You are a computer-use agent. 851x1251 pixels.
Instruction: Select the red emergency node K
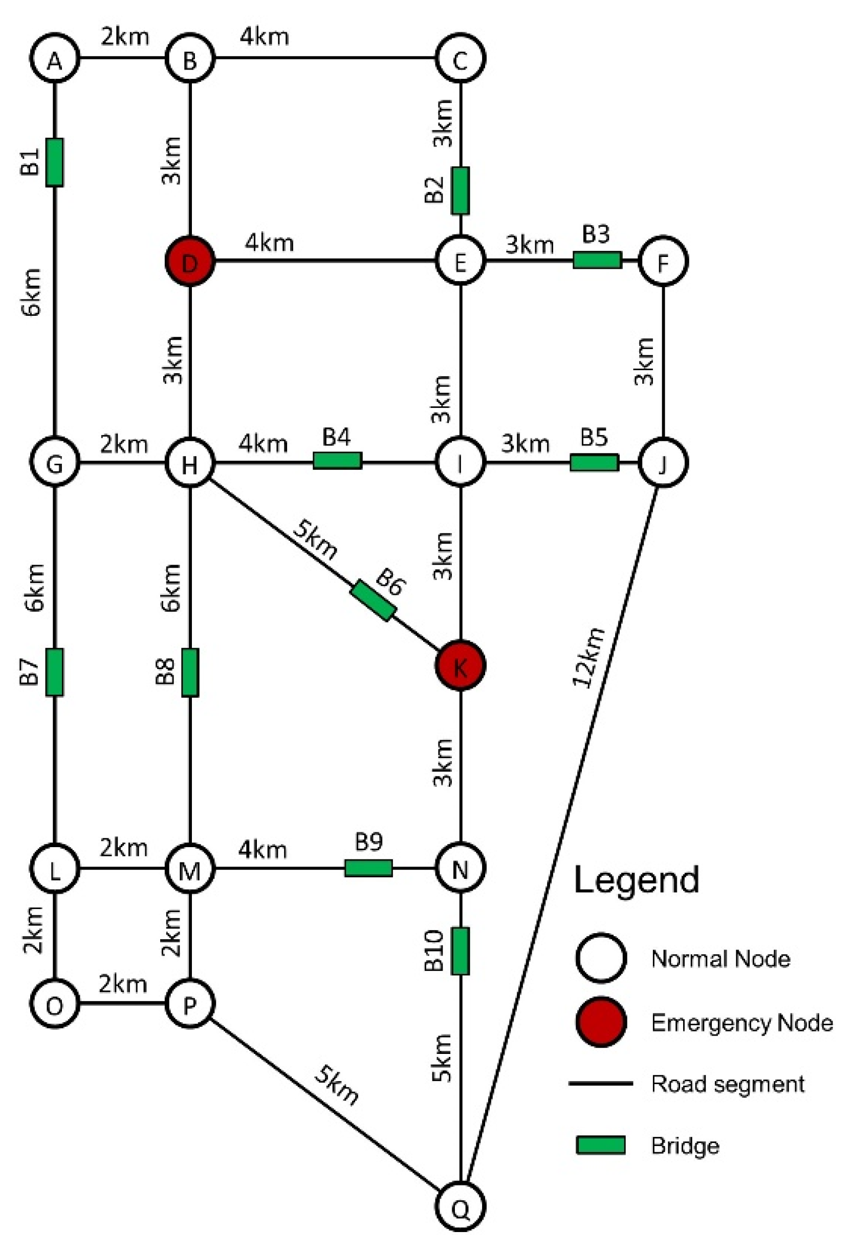pos(460,665)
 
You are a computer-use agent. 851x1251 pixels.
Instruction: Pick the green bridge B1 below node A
pos(54,162)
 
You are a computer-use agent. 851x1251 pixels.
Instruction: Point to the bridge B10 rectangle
pos(460,951)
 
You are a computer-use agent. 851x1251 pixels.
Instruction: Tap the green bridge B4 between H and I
pos(338,461)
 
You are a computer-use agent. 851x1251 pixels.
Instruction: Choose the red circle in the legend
pos(601,1021)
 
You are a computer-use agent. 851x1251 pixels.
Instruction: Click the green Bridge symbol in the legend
pos(601,1146)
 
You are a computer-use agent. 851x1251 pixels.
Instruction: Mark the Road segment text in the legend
pos(727,1084)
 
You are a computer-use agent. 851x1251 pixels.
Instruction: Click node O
pos(54,1004)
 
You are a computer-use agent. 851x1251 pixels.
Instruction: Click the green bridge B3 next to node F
pos(597,260)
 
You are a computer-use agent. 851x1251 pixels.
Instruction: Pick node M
pos(189,869)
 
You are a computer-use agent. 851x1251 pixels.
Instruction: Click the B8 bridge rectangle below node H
pos(190,672)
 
